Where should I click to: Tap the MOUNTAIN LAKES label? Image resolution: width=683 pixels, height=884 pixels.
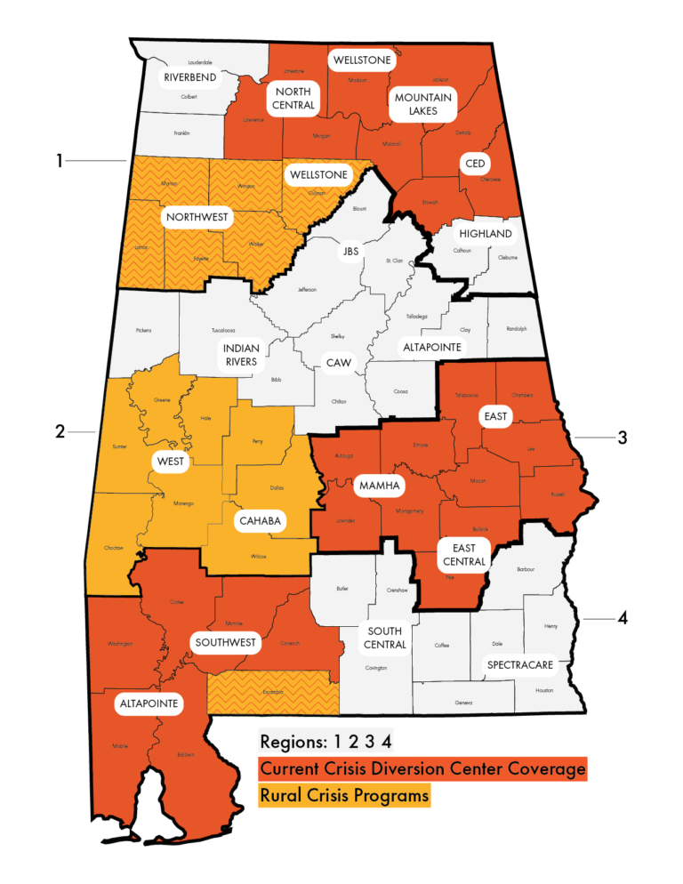pyautogui.click(x=423, y=104)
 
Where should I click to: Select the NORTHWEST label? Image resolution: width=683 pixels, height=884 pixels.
pyautogui.click(x=197, y=216)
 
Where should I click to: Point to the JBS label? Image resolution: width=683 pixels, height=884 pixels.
pyautogui.click(x=350, y=252)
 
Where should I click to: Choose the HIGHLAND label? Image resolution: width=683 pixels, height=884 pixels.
pyautogui.click(x=485, y=234)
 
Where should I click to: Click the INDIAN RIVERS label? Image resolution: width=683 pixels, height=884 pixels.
pyautogui.click(x=240, y=355)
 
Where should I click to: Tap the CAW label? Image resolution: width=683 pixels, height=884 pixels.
pyautogui.click(x=339, y=363)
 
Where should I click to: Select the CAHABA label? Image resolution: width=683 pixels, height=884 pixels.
pyautogui.click(x=260, y=522)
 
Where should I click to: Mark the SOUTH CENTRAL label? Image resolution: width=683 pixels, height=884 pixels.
pyautogui.click(x=385, y=638)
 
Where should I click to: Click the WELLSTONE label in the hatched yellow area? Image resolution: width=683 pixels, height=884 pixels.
pyautogui.click(x=317, y=174)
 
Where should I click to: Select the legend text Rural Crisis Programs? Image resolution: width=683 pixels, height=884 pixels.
pyautogui.click(x=344, y=795)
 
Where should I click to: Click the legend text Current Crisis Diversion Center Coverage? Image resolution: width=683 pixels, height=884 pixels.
pyautogui.click(x=422, y=767)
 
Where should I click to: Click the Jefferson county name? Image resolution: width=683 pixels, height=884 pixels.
pyautogui.click(x=307, y=289)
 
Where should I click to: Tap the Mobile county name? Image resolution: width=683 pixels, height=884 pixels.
pyautogui.click(x=120, y=745)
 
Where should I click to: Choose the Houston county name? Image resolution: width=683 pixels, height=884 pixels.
pyautogui.click(x=544, y=690)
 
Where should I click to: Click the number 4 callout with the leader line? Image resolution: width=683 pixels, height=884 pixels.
pyautogui.click(x=623, y=618)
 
